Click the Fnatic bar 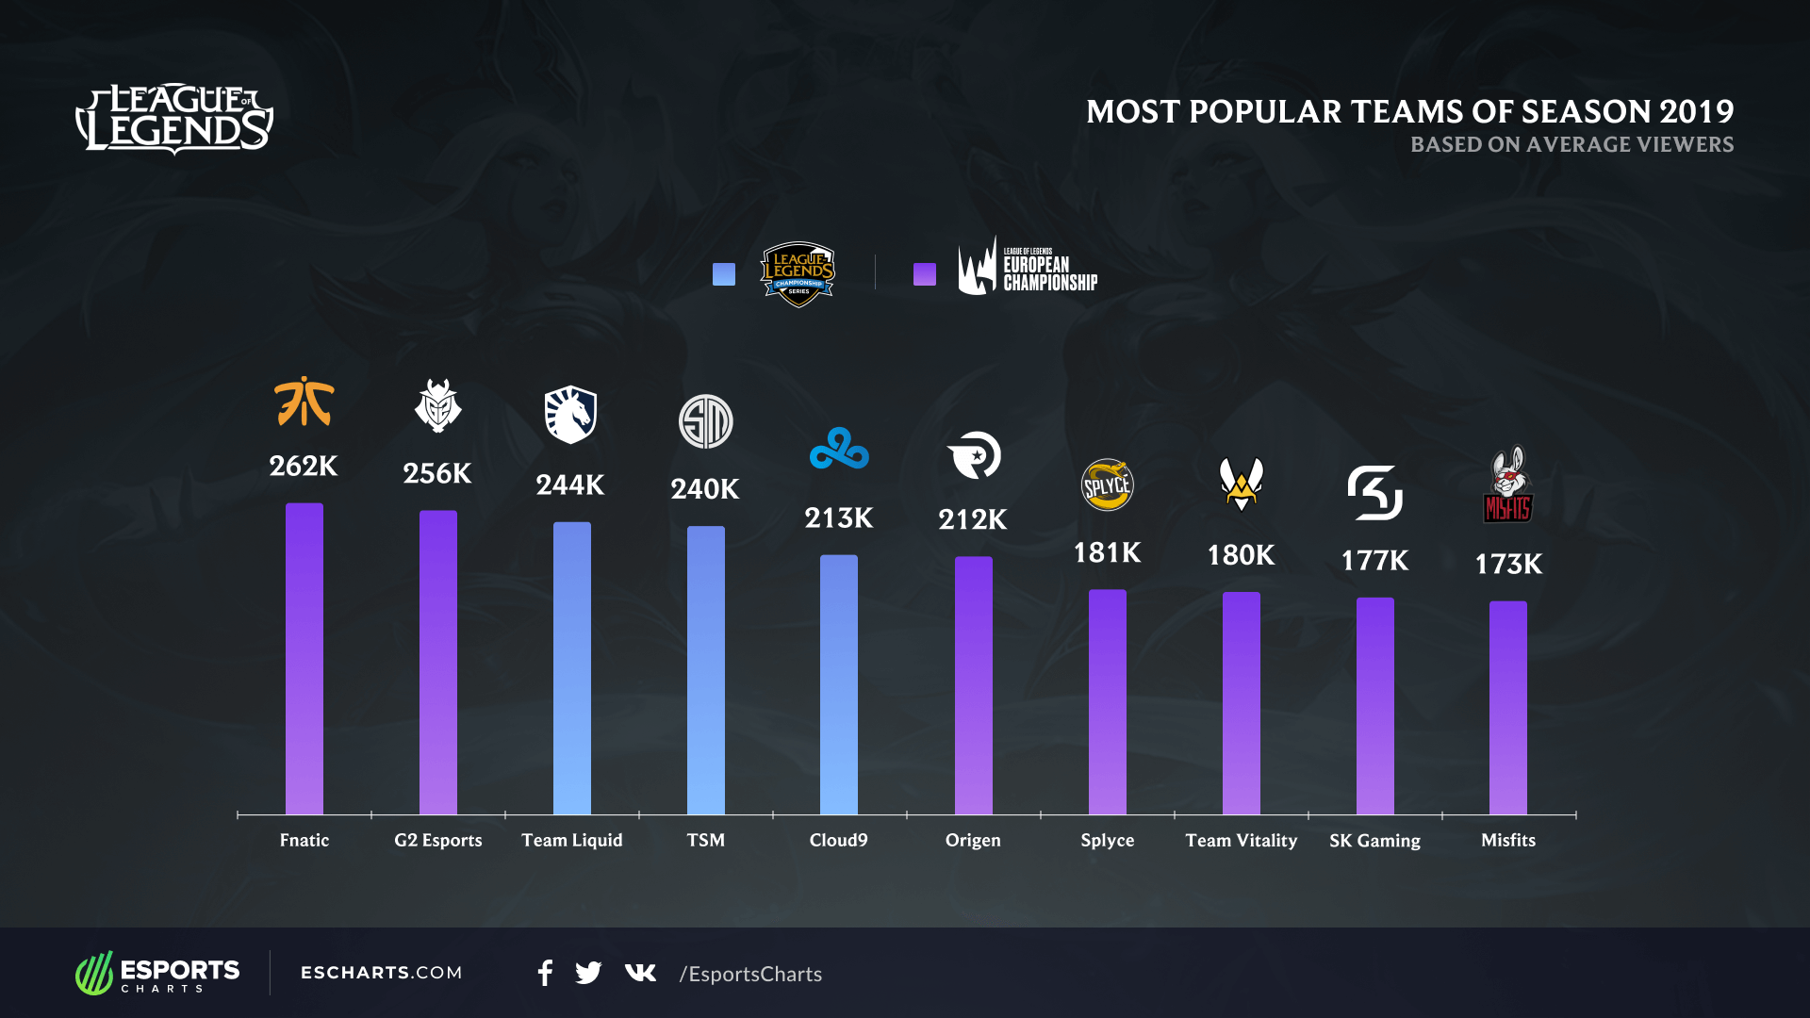(304, 660)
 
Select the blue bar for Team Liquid (572, 669)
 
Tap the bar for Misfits (1508, 707)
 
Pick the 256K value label (437, 473)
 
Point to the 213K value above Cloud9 (839, 518)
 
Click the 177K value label (1374, 561)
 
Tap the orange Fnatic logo (304, 402)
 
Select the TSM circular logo (705, 421)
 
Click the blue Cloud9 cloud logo (839, 449)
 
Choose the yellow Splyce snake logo (1107, 484)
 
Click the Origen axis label (973, 840)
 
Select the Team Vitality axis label (1241, 840)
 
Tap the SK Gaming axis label (1374, 840)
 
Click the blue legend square (724, 274)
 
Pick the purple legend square (925, 274)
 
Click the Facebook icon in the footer (545, 973)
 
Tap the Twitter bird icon (588, 973)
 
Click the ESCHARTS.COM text (381, 973)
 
